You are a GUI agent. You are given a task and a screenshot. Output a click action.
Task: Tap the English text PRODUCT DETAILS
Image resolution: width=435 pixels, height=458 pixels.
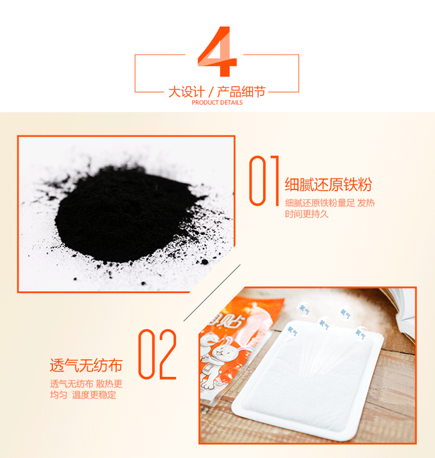(x=217, y=103)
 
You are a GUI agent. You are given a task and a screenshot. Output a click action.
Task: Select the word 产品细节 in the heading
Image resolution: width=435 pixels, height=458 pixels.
(x=241, y=91)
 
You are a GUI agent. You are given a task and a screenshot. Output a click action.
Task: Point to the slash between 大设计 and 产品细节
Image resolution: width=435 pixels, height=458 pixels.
(x=211, y=92)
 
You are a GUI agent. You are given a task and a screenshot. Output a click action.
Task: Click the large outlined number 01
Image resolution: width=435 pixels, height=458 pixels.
(x=264, y=181)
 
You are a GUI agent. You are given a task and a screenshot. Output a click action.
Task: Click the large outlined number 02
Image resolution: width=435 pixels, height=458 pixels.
(x=157, y=354)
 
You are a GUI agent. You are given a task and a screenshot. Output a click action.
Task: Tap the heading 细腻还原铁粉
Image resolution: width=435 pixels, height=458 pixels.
(x=328, y=185)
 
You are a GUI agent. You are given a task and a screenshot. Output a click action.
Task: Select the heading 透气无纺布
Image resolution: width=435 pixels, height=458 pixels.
(x=86, y=365)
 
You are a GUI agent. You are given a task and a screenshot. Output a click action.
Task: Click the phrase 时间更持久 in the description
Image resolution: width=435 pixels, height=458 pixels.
(x=307, y=214)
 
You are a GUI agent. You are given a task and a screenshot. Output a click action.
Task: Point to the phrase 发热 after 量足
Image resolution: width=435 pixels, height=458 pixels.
(x=366, y=203)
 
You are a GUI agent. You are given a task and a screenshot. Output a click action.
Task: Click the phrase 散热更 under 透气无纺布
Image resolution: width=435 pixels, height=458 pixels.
(x=109, y=384)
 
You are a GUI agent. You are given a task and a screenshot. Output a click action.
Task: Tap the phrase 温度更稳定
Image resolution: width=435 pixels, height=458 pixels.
(x=94, y=395)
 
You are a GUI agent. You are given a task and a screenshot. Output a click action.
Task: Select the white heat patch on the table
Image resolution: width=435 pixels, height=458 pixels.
(x=307, y=380)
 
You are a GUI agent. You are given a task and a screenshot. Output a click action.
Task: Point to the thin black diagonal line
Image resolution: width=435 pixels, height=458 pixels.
(x=212, y=293)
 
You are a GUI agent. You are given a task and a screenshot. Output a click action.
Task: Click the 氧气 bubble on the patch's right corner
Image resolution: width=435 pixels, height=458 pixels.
(x=360, y=333)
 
